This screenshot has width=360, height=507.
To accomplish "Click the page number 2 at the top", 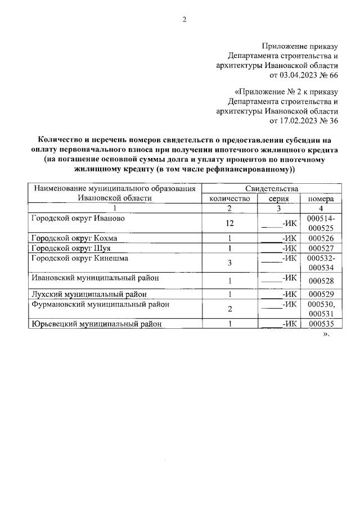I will [183, 20].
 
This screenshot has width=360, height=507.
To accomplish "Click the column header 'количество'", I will [229, 199].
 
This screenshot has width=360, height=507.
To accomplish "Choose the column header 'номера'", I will [321, 199].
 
